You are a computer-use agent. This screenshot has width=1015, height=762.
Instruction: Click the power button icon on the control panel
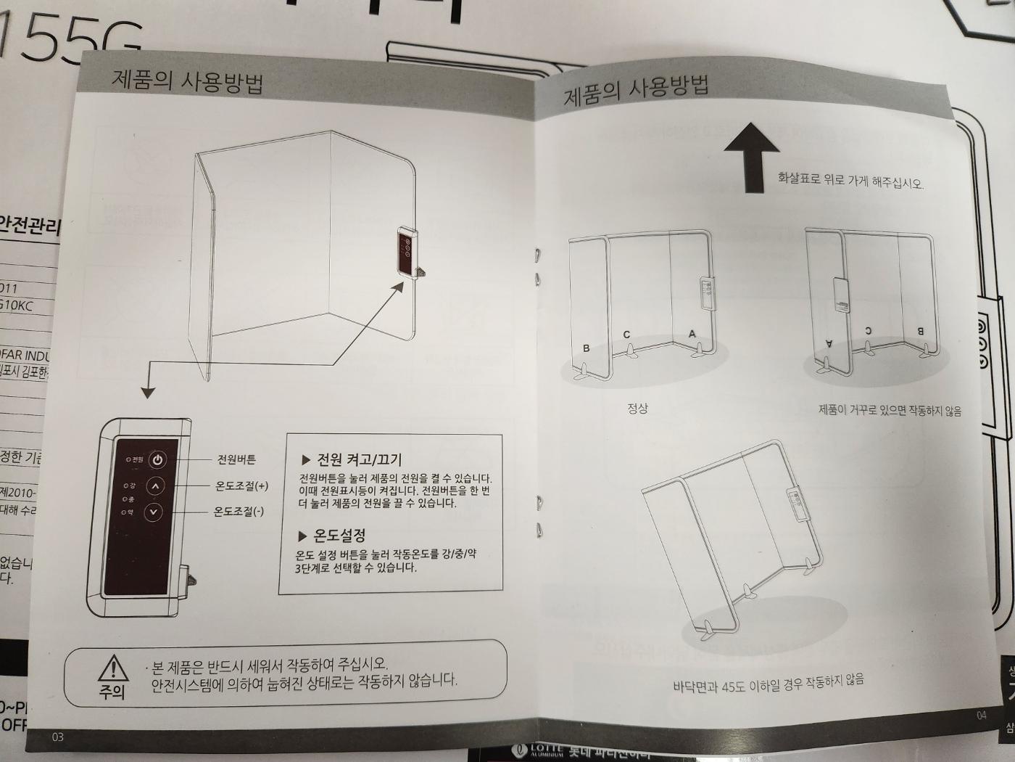[158, 459]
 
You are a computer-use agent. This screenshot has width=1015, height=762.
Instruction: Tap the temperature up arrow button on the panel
[155, 486]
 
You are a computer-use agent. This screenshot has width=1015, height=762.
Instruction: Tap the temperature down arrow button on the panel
[153, 512]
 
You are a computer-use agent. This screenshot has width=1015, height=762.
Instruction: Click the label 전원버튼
[236, 459]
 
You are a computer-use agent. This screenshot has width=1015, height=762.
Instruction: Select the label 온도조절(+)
[241, 486]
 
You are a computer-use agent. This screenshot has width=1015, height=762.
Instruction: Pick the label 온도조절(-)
[239, 512]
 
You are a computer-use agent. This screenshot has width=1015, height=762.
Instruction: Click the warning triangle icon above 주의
[113, 668]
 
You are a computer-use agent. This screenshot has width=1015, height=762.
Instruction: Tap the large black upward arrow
[753, 155]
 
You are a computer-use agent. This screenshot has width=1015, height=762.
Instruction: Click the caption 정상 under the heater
[637, 409]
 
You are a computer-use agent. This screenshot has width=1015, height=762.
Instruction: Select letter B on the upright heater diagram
[586, 348]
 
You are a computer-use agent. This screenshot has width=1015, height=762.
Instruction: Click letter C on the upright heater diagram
[626, 335]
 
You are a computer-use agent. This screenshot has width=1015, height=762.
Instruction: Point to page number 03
[57, 737]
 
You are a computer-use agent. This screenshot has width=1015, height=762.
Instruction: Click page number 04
[981, 715]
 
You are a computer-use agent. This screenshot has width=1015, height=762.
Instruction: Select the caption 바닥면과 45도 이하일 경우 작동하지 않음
[768, 683]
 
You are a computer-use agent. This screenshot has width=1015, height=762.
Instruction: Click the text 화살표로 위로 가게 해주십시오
[850, 180]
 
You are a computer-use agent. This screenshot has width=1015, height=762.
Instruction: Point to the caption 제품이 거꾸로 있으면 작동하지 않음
[890, 410]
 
